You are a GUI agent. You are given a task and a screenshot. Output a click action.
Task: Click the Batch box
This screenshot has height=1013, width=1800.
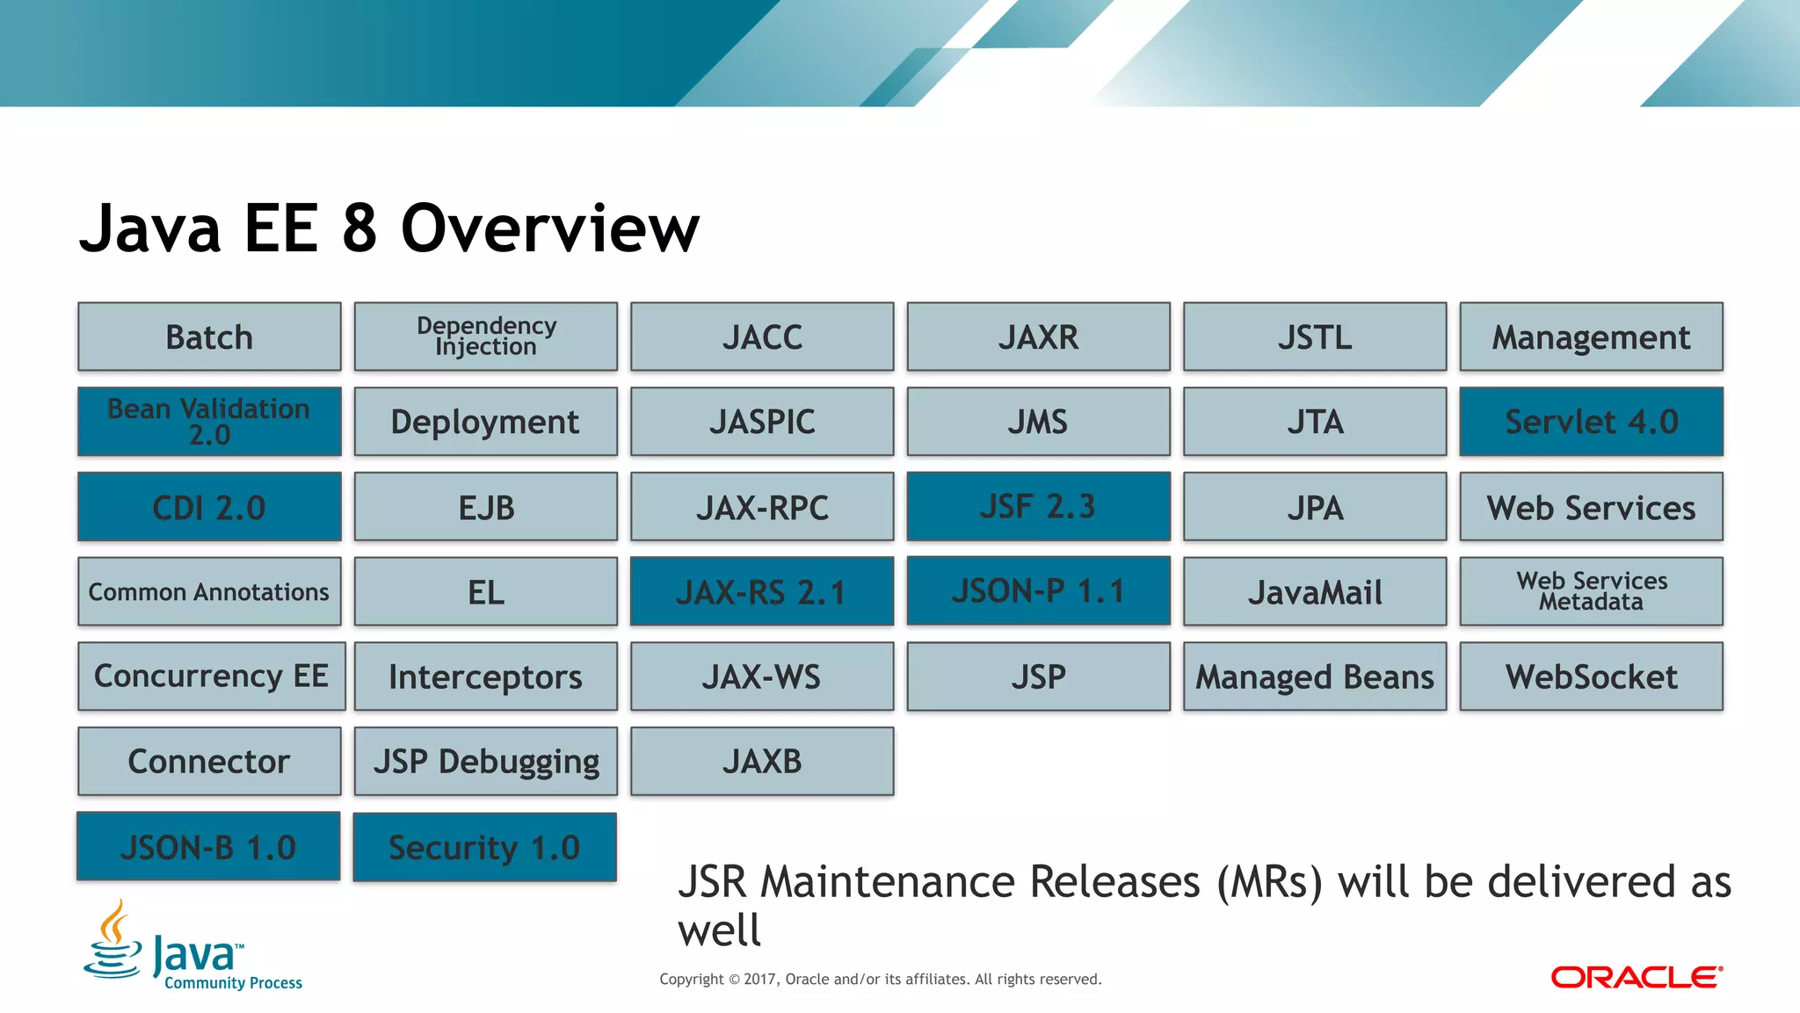click(209, 337)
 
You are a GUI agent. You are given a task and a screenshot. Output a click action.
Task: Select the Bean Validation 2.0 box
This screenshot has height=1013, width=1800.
click(209, 422)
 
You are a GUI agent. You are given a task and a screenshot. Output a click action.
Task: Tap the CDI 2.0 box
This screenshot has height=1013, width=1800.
click(209, 507)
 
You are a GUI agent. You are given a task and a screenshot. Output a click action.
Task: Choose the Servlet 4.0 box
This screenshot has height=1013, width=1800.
click(1591, 422)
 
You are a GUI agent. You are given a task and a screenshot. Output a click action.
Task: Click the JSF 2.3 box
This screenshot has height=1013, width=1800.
click(1038, 506)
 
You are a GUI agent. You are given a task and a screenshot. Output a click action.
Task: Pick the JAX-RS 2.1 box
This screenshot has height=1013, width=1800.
click(761, 591)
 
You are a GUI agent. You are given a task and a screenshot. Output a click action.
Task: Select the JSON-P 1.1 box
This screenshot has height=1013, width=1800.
click(1038, 590)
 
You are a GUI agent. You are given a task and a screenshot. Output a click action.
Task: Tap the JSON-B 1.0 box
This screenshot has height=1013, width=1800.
click(208, 846)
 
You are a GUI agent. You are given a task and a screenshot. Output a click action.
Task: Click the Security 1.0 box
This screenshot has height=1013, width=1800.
click(484, 847)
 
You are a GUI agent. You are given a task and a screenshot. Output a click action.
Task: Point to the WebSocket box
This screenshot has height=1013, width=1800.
click(1591, 677)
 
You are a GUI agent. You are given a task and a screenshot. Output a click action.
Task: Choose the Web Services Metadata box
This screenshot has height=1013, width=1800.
click(1591, 591)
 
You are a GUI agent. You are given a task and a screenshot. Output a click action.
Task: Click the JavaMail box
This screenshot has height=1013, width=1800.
click(1315, 591)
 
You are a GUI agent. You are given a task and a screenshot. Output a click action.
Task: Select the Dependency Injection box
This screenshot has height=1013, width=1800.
click(485, 336)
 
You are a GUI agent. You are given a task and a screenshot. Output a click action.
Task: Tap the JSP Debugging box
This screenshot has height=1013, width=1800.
click(485, 761)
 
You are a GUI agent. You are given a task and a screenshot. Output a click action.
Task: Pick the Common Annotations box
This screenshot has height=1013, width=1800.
click(209, 591)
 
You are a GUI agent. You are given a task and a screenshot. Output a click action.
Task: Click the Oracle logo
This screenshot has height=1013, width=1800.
click(1636, 977)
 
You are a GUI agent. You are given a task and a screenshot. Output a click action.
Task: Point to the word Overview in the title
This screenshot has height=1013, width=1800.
click(550, 228)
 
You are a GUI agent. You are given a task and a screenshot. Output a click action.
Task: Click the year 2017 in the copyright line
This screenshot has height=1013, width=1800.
click(760, 979)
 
